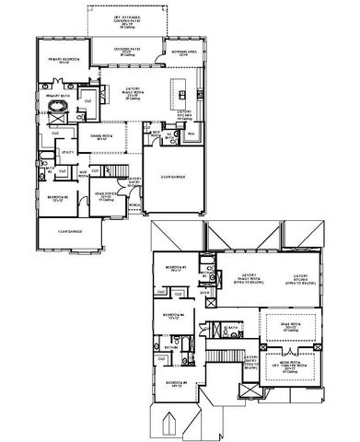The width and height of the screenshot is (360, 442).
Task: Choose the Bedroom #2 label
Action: coord(56,197)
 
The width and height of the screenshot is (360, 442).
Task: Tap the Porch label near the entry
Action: coord(134,204)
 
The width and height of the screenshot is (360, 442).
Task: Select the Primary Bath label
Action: coord(50,93)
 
